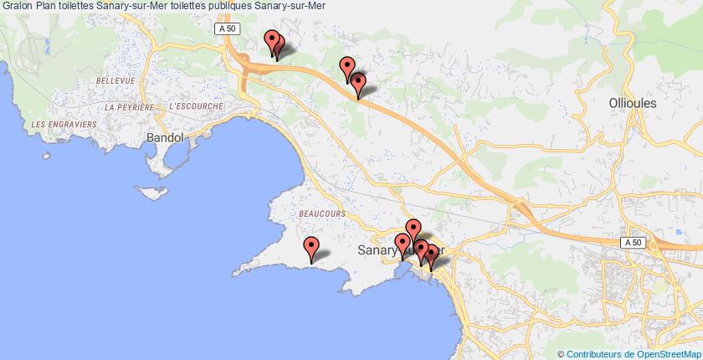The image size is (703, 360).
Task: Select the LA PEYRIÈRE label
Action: (x=129, y=107)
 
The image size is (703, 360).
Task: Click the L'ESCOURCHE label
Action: (x=195, y=107)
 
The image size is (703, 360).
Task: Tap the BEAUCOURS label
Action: (x=321, y=214)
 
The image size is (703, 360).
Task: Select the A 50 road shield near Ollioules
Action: (x=633, y=242)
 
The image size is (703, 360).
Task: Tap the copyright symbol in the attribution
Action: (x=561, y=353)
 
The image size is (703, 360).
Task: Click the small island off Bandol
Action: (x=153, y=192)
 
